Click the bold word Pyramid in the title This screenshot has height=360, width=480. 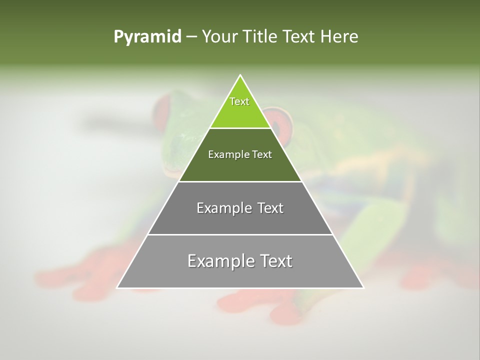(147, 37)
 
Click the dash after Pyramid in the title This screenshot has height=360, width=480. (191, 37)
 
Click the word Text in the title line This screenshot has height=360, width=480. (300, 36)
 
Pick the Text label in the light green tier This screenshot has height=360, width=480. (239, 101)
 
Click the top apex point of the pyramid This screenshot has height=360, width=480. (240, 75)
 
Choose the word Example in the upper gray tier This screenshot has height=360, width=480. (222, 208)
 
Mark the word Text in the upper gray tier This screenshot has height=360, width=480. (268, 208)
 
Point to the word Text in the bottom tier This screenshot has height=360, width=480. (274, 261)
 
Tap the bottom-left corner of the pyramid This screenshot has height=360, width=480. (117, 287)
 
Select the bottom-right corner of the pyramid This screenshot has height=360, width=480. (363, 287)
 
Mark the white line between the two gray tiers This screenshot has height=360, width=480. (240, 234)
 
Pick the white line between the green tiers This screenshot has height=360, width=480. (240, 128)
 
